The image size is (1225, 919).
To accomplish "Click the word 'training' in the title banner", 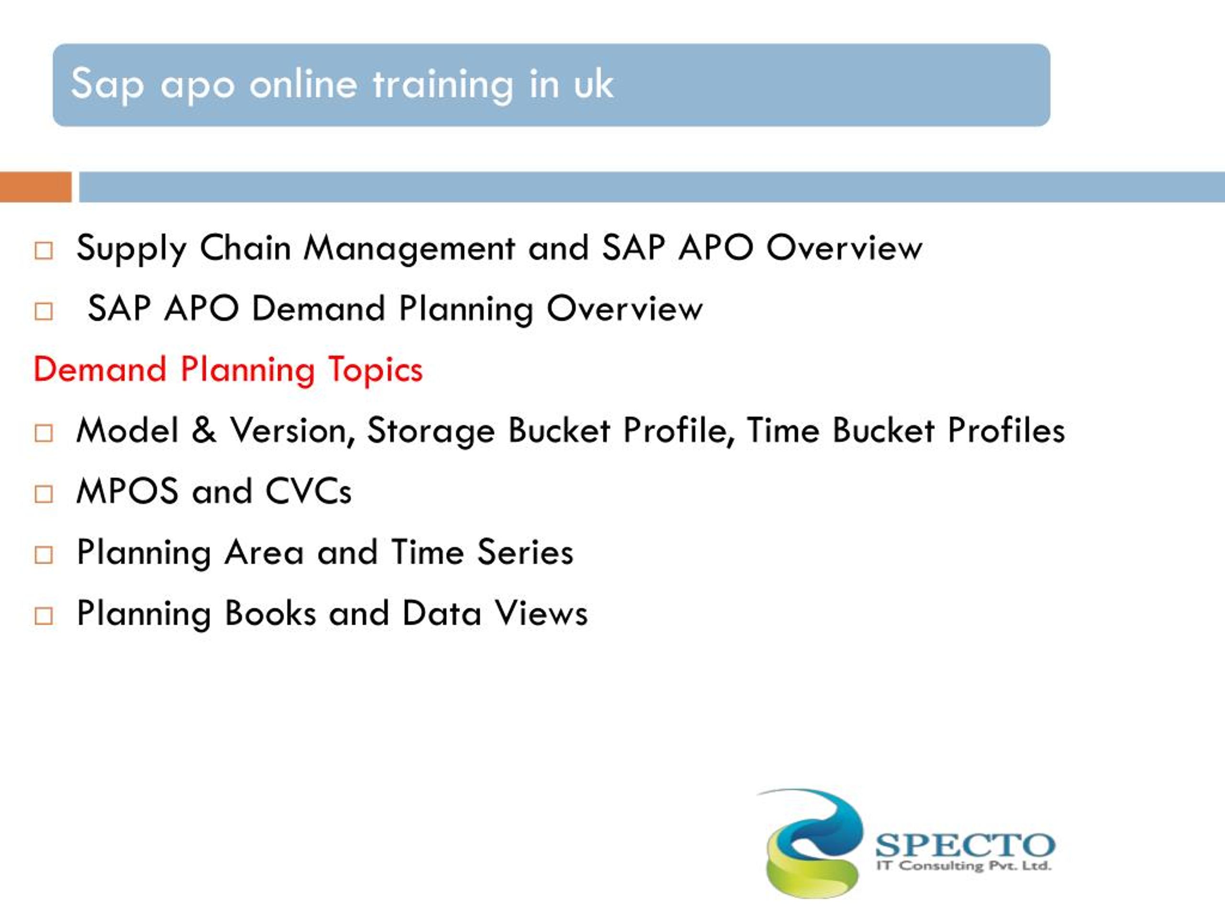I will (443, 85).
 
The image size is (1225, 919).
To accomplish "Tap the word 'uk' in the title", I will (593, 85).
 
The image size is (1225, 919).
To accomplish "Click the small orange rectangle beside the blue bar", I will (35, 187).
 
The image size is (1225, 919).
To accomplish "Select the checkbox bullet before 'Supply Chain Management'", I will (43, 250).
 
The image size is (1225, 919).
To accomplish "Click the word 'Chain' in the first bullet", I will (245, 247).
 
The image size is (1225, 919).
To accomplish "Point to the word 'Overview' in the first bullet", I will (844, 247).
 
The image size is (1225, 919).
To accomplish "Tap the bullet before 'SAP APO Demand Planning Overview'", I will (43, 311).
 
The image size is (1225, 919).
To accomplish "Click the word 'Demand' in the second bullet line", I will (318, 309).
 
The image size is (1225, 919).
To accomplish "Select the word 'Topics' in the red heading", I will (375, 370).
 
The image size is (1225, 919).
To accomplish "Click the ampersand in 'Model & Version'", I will (204, 430).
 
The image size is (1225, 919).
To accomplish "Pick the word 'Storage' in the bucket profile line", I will (430, 430).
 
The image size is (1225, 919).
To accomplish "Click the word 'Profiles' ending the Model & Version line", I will (1006, 430).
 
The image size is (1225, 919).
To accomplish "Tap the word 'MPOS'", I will (127, 492).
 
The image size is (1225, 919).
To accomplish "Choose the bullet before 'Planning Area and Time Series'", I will (43, 555).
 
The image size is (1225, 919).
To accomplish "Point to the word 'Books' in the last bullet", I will (270, 613).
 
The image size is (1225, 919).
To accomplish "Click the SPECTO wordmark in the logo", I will (965, 845).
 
